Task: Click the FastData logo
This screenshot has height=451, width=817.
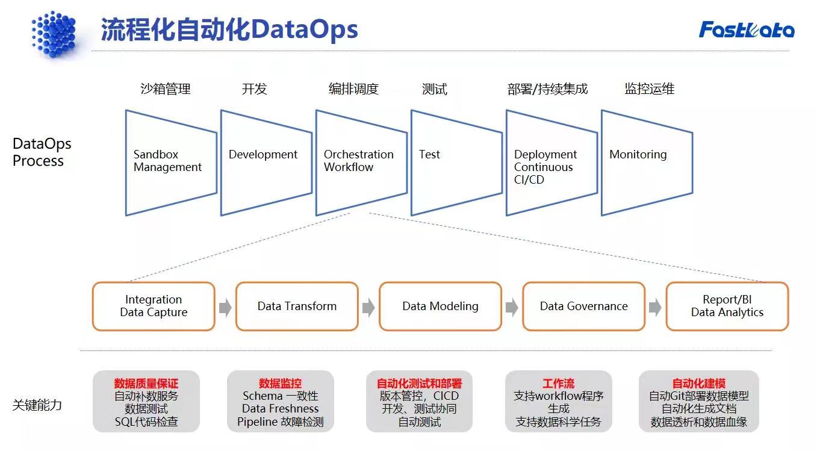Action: click(746, 30)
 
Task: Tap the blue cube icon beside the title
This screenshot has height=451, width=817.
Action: click(54, 34)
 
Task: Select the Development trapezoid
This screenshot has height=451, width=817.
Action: click(266, 161)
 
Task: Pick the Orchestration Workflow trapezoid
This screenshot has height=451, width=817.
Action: click(361, 161)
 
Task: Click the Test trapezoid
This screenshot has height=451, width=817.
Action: click(456, 161)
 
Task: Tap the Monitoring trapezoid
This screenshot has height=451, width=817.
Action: click(646, 161)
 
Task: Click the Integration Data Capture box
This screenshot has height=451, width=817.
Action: click(154, 306)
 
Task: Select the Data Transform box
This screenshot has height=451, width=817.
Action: click(297, 306)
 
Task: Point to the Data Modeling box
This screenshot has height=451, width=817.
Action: click(440, 306)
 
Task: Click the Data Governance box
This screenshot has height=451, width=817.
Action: click(583, 306)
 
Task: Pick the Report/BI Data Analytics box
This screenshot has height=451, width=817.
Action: click(727, 306)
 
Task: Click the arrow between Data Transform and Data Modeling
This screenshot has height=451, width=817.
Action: click(368, 308)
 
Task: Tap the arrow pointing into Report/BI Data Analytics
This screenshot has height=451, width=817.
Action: click(655, 308)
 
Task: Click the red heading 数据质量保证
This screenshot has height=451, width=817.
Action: click(146, 384)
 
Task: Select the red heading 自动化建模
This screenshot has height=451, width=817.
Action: click(698, 384)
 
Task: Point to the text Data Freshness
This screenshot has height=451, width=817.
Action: click(280, 409)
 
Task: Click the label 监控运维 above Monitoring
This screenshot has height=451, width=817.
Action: click(649, 89)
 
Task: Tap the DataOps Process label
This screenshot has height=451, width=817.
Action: click(42, 152)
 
